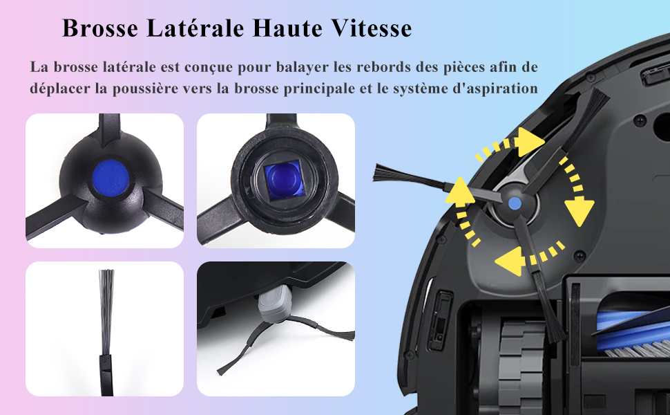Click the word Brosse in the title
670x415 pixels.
click(x=100, y=28)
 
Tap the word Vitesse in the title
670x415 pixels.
click(x=372, y=28)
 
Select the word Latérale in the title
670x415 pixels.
click(x=195, y=28)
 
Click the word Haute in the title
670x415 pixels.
click(x=287, y=28)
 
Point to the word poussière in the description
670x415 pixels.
click(x=144, y=89)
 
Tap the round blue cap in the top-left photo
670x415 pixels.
click(x=111, y=178)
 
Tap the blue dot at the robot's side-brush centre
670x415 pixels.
click(x=514, y=203)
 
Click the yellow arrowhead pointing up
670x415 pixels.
click(x=460, y=191)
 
